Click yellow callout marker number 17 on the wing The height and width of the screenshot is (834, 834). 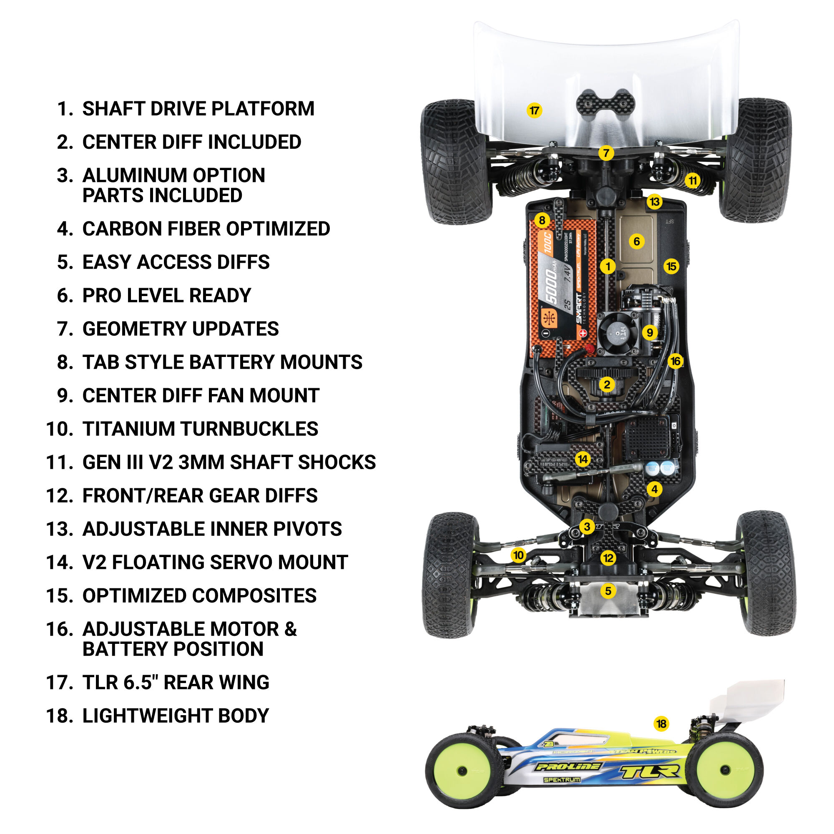coord(535,111)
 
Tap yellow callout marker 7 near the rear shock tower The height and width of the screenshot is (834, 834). coord(606,153)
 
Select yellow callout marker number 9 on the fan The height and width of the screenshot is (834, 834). coord(650,332)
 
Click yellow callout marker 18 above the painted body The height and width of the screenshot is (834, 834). coord(661,723)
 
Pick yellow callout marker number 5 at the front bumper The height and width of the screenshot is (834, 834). coord(608,590)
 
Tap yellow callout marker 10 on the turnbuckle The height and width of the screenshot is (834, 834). coord(518,555)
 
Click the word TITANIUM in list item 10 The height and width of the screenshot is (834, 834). coord(128,429)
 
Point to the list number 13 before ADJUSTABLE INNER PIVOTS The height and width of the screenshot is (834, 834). coord(60,529)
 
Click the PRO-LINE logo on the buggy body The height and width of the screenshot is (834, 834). coord(568,766)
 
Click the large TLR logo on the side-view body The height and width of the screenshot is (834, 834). coord(650,771)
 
